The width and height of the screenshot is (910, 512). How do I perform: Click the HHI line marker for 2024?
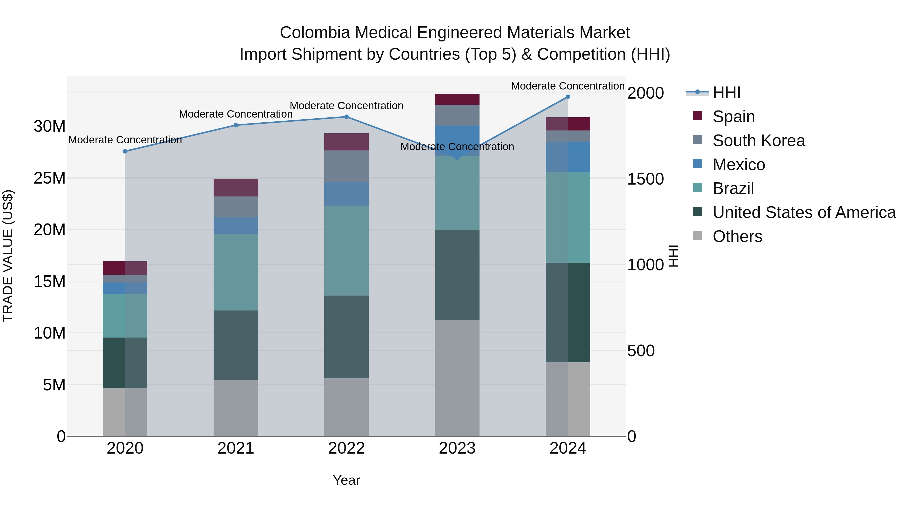[x=568, y=97]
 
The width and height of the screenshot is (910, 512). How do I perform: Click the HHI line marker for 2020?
[x=125, y=151]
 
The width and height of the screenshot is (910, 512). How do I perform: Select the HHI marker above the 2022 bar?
[x=347, y=117]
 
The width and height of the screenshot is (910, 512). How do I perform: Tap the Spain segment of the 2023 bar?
[x=457, y=99]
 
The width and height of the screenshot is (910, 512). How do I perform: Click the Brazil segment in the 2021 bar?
[x=236, y=272]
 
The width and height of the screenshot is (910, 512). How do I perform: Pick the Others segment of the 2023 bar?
[x=457, y=378]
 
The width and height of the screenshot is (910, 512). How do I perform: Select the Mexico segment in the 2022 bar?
[x=347, y=194]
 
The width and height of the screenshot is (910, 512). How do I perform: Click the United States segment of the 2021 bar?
[x=236, y=345]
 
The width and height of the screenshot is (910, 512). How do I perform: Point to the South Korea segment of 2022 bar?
[x=347, y=166]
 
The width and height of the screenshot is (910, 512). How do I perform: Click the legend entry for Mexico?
[x=739, y=165]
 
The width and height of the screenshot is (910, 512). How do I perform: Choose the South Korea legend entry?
[x=758, y=141]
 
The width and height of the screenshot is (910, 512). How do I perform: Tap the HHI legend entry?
[x=726, y=93]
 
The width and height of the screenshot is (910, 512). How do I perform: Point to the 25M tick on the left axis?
[x=50, y=178]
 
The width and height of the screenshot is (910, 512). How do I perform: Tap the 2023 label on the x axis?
[x=457, y=448]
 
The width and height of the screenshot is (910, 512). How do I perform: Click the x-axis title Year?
[x=346, y=480]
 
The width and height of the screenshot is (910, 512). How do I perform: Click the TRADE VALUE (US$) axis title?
[x=8, y=256]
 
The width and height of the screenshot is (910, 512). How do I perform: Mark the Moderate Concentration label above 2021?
[x=236, y=114]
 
